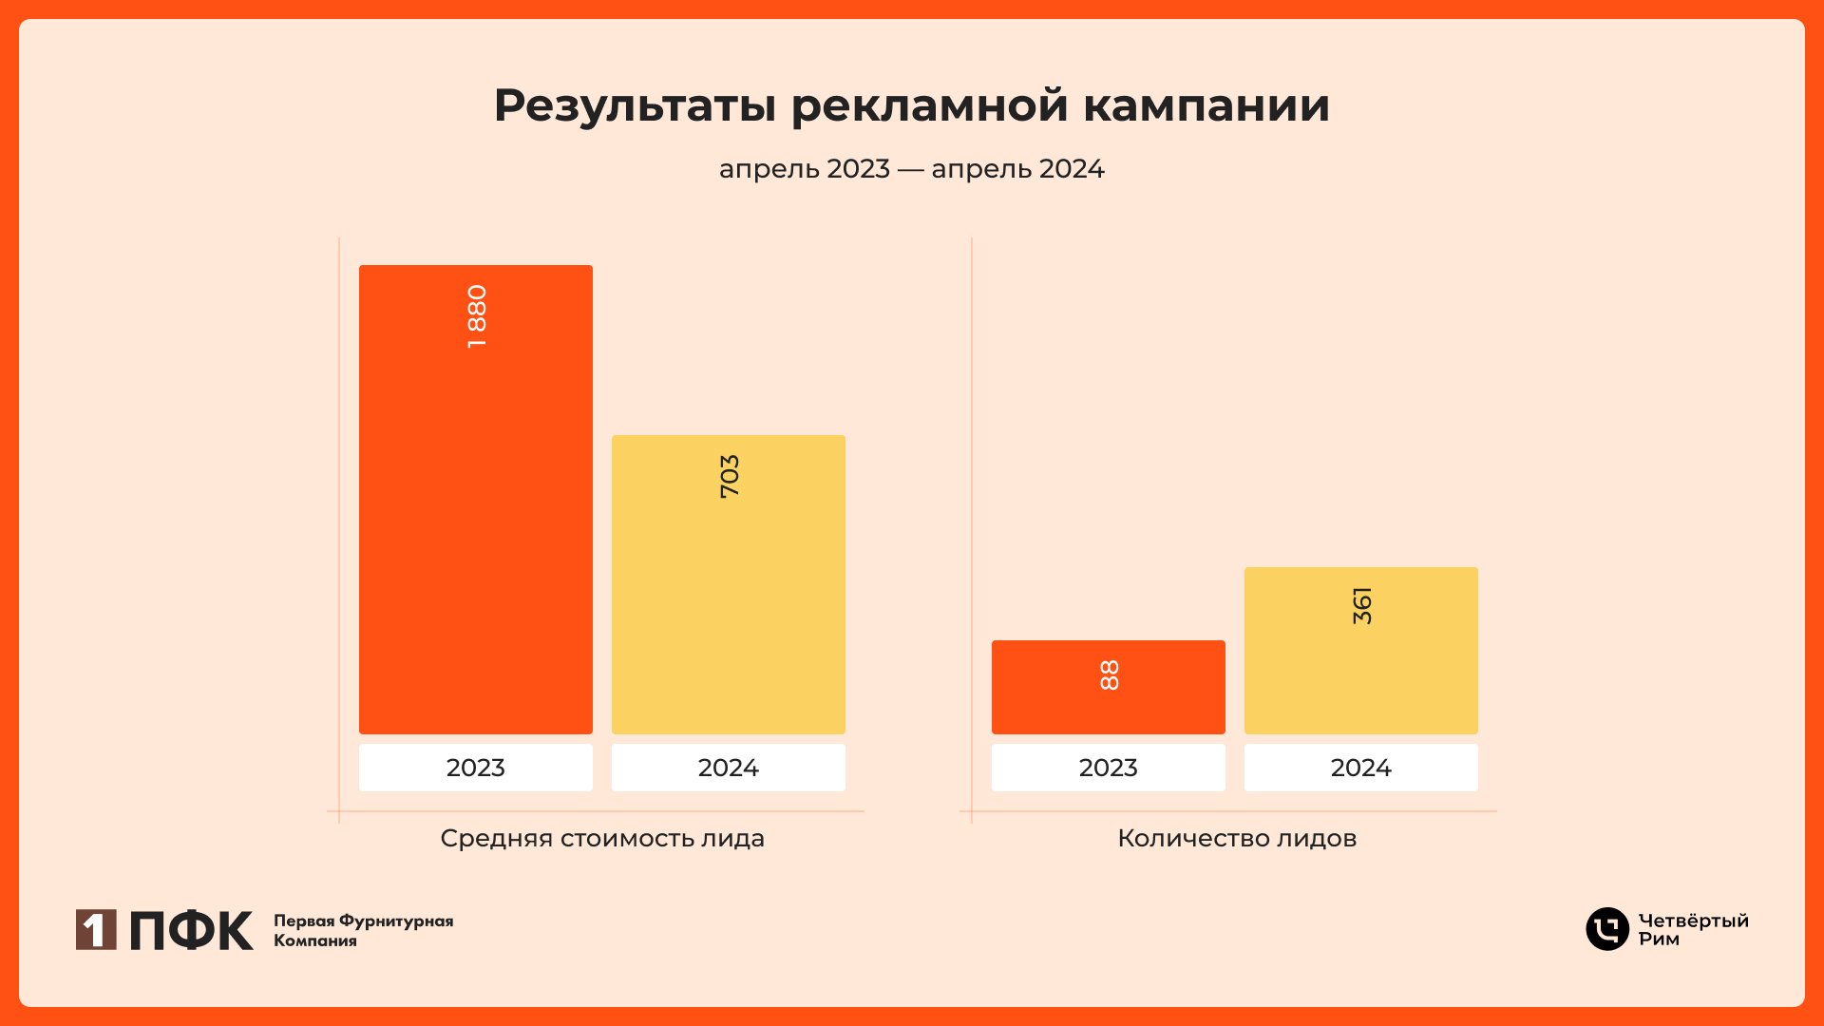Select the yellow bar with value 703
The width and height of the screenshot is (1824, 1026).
(x=728, y=608)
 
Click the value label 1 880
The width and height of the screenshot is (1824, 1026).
(x=477, y=316)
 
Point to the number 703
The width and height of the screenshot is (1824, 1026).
(x=729, y=476)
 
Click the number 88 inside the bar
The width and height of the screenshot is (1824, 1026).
(x=1109, y=674)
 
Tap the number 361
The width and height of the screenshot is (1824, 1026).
(x=1361, y=605)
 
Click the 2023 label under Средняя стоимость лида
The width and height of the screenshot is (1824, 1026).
(x=475, y=768)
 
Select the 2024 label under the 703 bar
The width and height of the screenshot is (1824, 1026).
(x=728, y=768)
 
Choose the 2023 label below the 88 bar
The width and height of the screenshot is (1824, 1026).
(x=1108, y=768)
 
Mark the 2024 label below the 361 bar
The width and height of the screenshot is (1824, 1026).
(x=1360, y=768)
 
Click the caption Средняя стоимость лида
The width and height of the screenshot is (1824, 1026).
(x=602, y=838)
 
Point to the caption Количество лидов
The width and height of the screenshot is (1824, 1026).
(x=1236, y=838)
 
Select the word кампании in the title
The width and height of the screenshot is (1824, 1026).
(x=1206, y=106)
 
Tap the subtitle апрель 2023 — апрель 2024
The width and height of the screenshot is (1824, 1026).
(x=911, y=169)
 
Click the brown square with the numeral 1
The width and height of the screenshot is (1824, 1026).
(x=96, y=929)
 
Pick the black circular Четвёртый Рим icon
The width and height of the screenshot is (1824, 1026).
(x=1606, y=929)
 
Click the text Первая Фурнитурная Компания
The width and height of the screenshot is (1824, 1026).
(x=363, y=930)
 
